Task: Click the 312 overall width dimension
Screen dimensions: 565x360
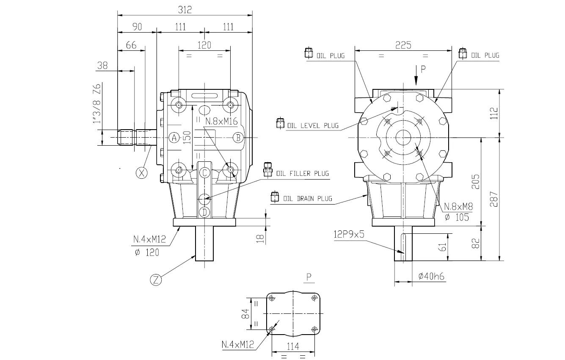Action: coord(185,10)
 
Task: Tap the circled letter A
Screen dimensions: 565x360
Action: coord(174,138)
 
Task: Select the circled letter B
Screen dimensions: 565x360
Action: coord(238,138)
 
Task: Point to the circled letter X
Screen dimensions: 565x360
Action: coord(141,173)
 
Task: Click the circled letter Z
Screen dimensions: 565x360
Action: coord(156,280)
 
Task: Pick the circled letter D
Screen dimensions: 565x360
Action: coord(204,212)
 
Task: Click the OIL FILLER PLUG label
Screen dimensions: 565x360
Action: coord(303,174)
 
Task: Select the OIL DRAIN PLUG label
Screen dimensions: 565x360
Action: coord(308,199)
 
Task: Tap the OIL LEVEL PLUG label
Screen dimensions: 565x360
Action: coord(313,125)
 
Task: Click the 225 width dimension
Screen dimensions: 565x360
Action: coord(403,45)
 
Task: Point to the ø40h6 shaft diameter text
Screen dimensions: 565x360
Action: coord(431,277)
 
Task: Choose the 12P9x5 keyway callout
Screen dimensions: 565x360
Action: coord(349,235)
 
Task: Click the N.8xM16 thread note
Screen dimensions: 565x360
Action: coord(221,122)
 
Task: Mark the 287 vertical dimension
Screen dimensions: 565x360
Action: coord(494,199)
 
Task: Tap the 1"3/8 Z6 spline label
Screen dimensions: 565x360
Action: coord(97,103)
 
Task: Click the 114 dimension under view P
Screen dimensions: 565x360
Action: coord(293,346)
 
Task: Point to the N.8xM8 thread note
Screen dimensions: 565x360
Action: coord(458,207)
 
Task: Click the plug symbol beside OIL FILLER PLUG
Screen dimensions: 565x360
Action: coord(267,169)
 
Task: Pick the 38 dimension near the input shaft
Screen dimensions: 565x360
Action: coord(102,66)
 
